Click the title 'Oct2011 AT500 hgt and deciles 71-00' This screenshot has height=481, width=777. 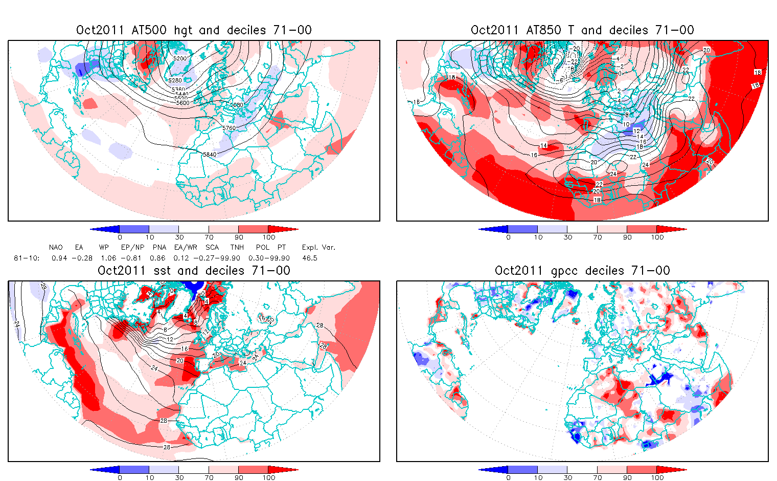point(194,30)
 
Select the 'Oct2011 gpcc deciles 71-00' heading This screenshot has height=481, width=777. point(582,271)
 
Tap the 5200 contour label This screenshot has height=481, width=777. point(180,58)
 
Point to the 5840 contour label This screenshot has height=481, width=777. point(209,154)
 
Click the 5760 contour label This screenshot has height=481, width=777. point(229,128)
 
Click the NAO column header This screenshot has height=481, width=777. point(56,248)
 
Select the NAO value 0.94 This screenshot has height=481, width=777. point(59,258)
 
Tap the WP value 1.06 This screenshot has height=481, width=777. point(108,258)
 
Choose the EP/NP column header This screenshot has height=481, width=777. point(132,248)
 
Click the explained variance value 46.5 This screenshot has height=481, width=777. point(310,258)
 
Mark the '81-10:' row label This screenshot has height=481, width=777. point(27,258)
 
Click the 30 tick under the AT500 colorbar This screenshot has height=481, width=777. point(179,237)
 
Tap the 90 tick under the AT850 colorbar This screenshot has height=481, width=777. point(627,237)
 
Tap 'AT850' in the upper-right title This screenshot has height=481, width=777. point(544,30)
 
